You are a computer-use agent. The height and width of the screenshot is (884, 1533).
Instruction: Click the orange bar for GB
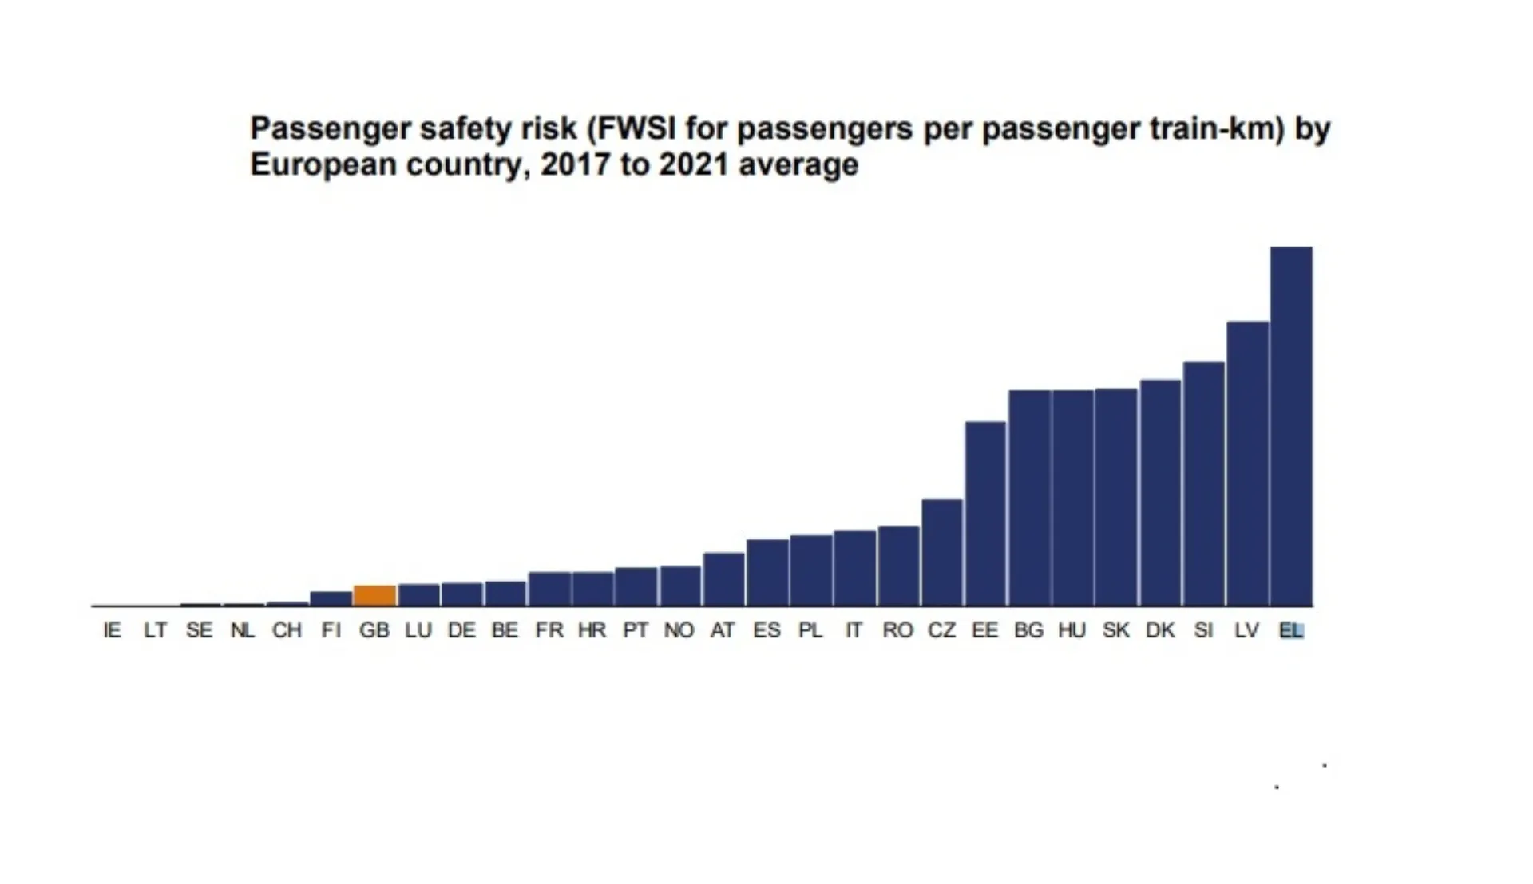click(x=374, y=596)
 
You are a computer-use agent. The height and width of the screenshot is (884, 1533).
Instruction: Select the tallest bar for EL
click(x=1291, y=427)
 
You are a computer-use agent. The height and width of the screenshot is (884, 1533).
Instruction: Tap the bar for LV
click(x=1247, y=464)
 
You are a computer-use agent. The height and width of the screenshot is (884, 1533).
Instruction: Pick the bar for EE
click(x=985, y=514)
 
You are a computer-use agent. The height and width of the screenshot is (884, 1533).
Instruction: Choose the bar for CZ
click(x=942, y=553)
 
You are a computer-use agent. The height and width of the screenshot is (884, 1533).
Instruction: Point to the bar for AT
click(x=723, y=580)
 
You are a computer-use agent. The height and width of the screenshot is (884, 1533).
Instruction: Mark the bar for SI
click(x=1203, y=484)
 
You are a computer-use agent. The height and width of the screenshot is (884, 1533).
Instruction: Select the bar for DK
click(x=1160, y=493)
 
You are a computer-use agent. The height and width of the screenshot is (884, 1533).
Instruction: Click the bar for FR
click(x=549, y=590)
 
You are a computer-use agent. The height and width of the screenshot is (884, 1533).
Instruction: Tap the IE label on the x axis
click(x=113, y=631)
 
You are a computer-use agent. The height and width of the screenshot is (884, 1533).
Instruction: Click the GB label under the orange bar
click(x=374, y=631)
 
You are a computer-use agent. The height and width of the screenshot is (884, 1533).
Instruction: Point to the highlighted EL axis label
click(x=1291, y=631)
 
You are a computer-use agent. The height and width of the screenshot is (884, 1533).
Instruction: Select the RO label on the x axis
click(x=897, y=631)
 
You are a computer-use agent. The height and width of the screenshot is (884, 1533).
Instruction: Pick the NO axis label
click(x=679, y=631)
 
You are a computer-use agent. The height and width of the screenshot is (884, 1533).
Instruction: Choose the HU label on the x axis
click(x=1072, y=631)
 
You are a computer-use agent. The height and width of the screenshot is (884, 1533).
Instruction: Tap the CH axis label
click(x=287, y=631)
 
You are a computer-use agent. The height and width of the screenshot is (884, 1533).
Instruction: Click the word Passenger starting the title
click(x=329, y=129)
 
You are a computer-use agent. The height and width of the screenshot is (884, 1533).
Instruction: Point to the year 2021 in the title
click(x=693, y=165)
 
